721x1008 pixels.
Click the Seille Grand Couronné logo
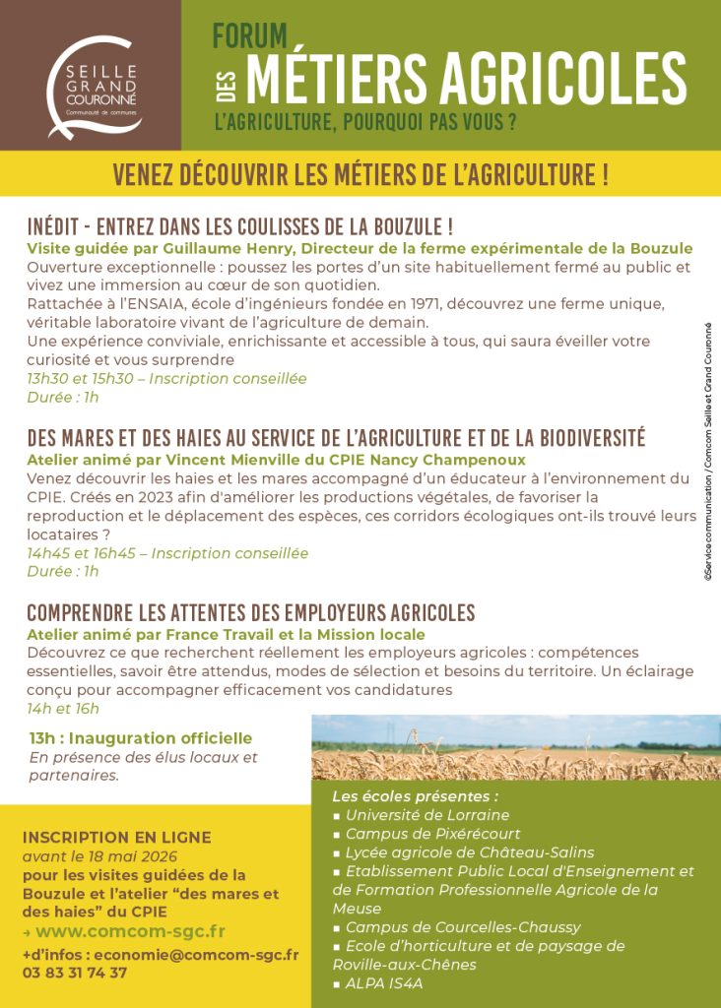(x=94, y=88)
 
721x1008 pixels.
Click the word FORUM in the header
(x=250, y=36)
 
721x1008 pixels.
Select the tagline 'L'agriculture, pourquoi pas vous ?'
(x=365, y=124)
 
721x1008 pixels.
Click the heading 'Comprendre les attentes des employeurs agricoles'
(x=251, y=612)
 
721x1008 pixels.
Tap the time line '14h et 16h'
(x=63, y=708)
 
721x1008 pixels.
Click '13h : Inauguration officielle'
(x=141, y=738)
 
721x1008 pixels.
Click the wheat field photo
(x=515, y=747)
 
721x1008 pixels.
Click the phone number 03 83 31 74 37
(x=75, y=973)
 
